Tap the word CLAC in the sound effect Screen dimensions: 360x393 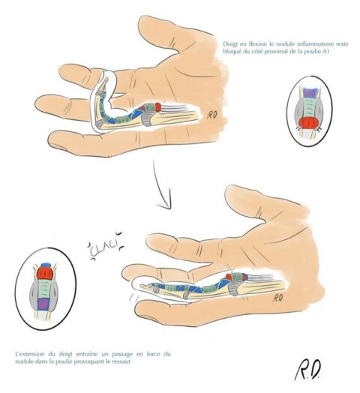click(x=103, y=250)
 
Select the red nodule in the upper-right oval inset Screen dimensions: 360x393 click(x=309, y=124)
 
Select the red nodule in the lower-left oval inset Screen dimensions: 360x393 click(x=45, y=273)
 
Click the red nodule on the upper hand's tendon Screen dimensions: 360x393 click(x=158, y=106)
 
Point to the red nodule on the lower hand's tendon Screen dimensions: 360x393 click(x=229, y=277)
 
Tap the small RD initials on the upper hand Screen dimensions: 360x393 click(x=211, y=115)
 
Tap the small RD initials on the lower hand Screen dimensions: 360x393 click(x=278, y=298)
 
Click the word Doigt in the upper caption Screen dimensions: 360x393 click(x=230, y=44)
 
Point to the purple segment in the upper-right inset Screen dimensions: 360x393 click(x=310, y=92)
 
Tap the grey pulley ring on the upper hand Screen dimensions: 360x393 click(x=147, y=118)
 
